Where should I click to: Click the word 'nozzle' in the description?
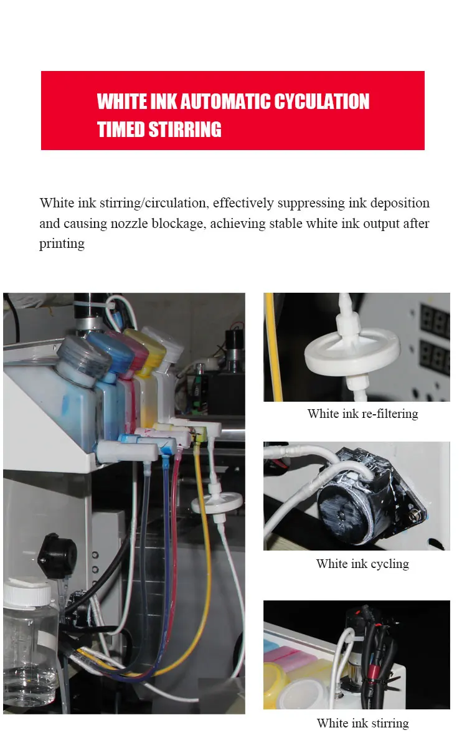(x=129, y=224)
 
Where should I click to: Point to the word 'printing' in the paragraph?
(x=62, y=244)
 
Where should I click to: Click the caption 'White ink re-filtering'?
(x=362, y=414)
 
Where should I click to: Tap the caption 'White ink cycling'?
(x=362, y=564)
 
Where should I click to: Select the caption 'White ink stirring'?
(x=362, y=723)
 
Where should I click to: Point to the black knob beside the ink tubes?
(x=57, y=555)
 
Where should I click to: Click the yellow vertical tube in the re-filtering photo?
(x=273, y=348)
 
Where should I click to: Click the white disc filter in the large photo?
(x=217, y=503)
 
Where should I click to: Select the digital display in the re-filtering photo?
(x=435, y=338)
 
